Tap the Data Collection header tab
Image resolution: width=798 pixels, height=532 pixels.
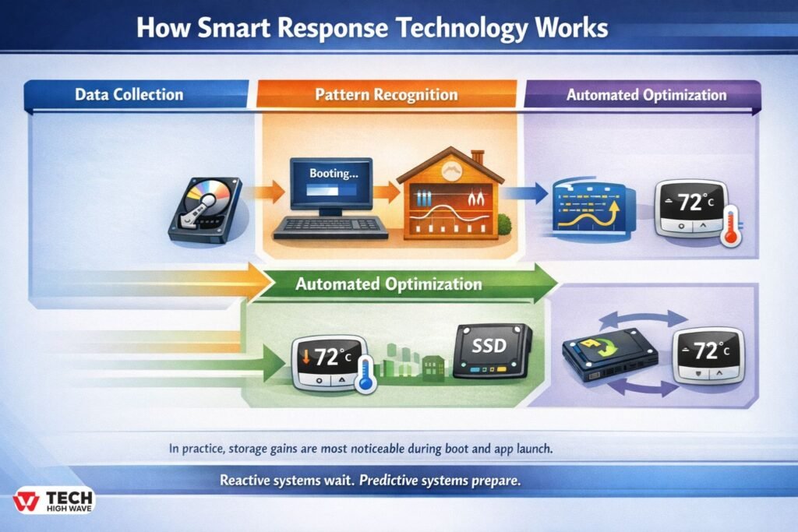click(136, 94)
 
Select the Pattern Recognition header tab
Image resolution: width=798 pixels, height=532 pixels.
click(387, 94)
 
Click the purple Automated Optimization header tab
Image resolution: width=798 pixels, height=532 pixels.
click(643, 95)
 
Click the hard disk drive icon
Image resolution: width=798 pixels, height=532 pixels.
click(205, 210)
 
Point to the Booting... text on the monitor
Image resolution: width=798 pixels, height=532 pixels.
click(334, 174)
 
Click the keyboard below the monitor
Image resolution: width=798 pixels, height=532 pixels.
click(330, 228)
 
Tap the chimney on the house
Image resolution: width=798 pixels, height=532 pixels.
click(478, 157)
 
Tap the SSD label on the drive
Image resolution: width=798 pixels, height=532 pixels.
click(489, 346)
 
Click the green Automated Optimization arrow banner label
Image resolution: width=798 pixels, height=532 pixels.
click(388, 284)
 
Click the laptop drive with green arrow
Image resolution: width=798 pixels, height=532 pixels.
click(609, 354)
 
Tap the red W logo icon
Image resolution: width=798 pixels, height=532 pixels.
click(26, 501)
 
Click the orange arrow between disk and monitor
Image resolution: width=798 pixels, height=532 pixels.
click(265, 192)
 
